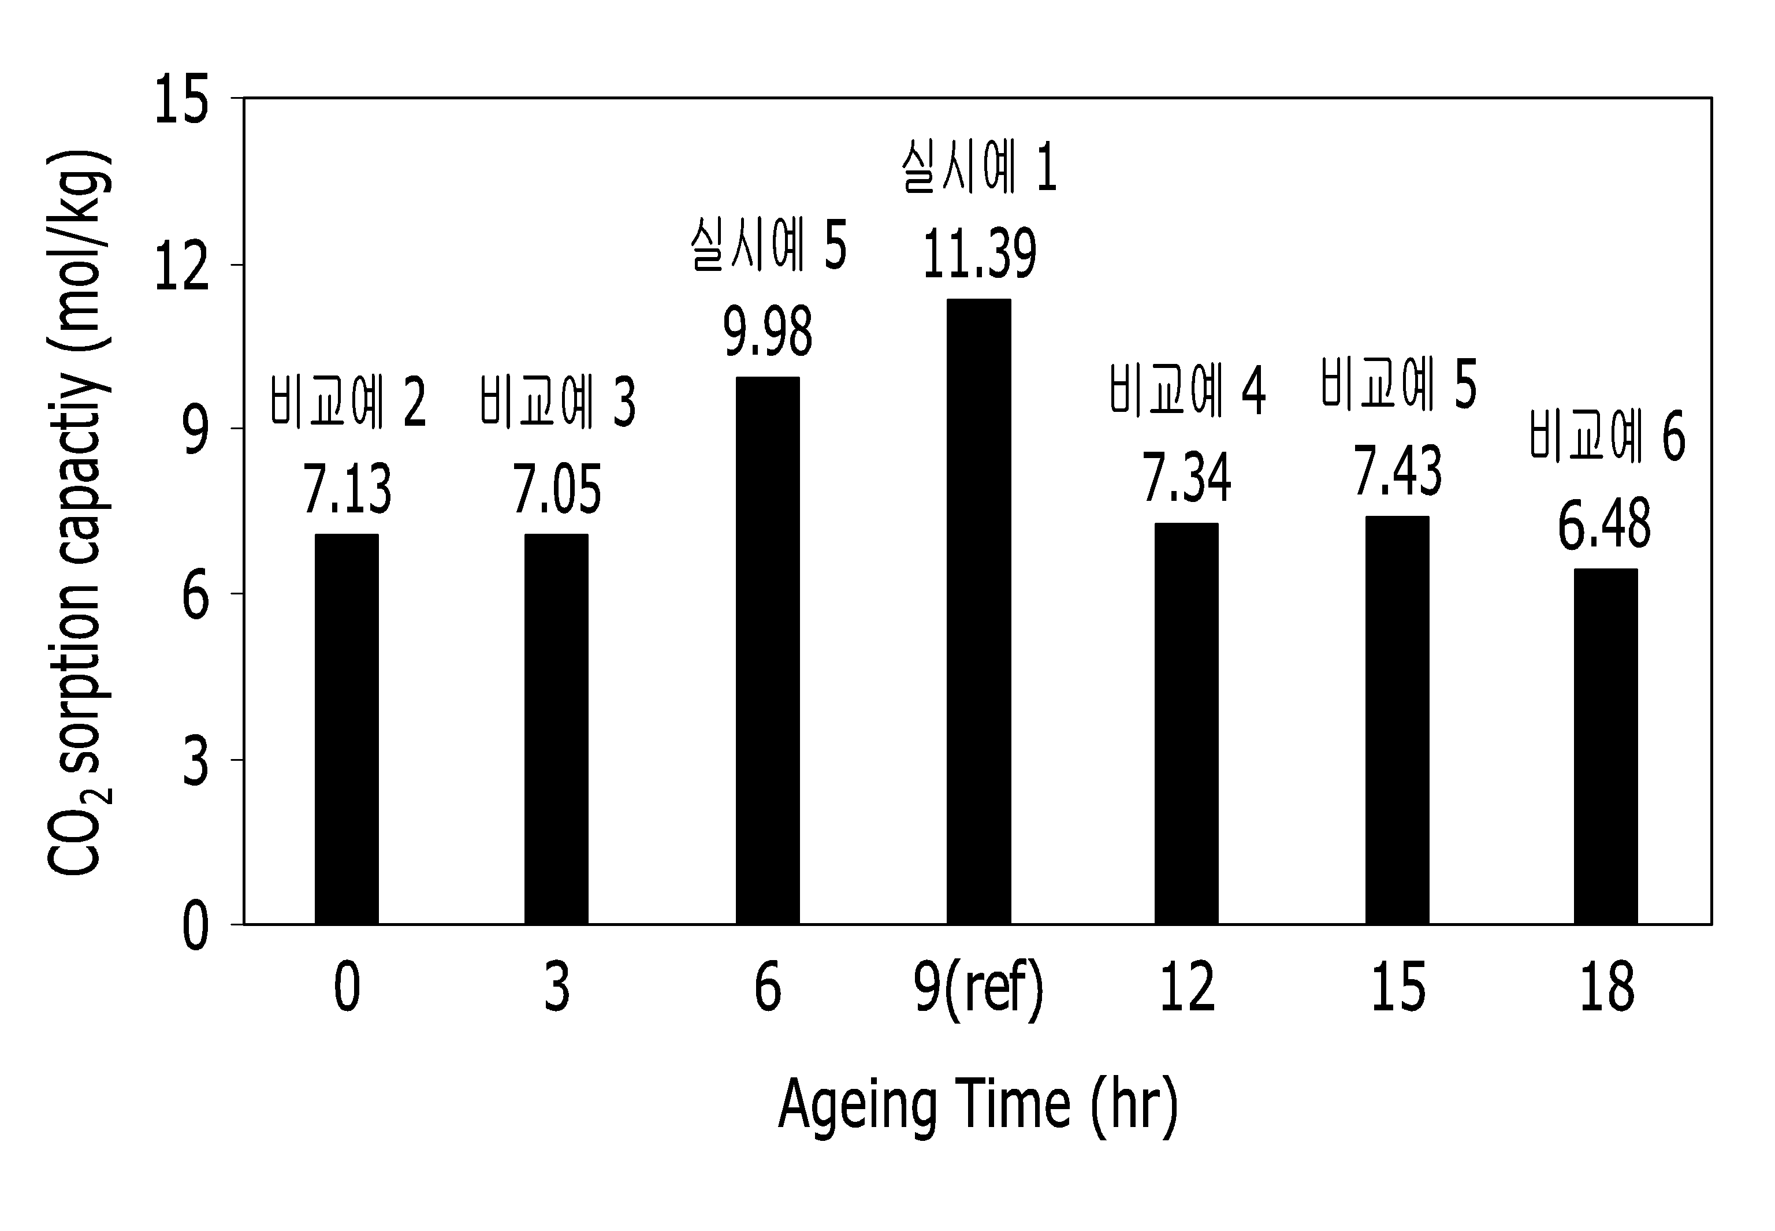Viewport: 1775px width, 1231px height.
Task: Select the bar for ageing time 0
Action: [x=346, y=729]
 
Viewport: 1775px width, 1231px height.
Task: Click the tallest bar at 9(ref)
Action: [x=978, y=612]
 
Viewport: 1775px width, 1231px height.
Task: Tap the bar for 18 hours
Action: [x=1605, y=746]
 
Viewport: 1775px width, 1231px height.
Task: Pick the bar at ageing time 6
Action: [x=767, y=650]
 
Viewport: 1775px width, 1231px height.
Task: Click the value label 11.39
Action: [x=979, y=254]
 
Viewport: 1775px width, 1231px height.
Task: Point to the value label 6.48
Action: [x=1605, y=525]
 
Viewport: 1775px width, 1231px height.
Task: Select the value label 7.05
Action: [x=557, y=490]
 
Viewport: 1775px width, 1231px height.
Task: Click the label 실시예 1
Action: [x=978, y=166]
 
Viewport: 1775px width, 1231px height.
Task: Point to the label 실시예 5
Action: [x=769, y=246]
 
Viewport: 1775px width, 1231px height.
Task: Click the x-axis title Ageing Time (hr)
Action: [x=978, y=1104]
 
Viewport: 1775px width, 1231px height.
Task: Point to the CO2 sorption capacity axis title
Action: [x=79, y=513]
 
